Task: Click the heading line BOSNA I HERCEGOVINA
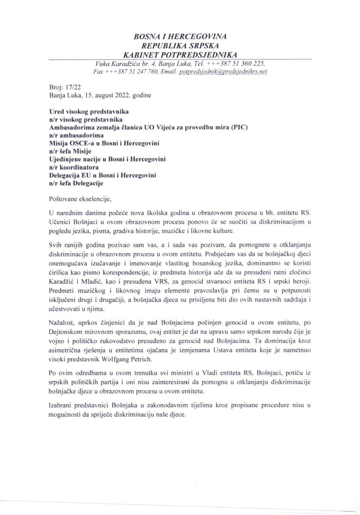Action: (x=180, y=36)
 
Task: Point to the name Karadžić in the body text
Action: (x=64, y=282)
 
